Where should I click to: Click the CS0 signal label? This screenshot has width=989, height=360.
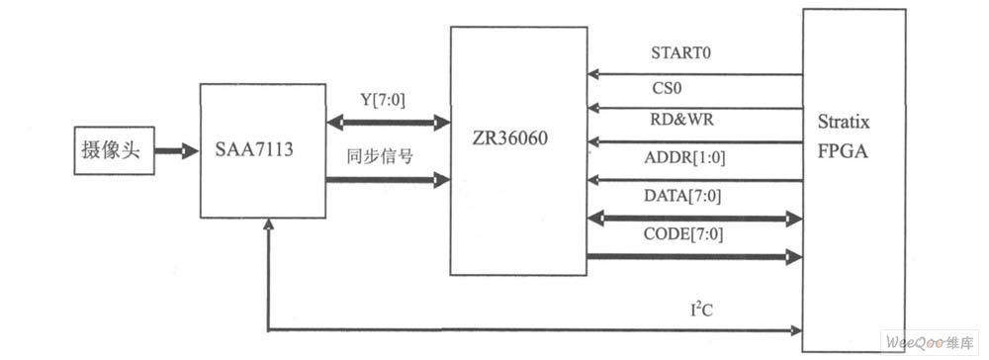click(x=665, y=88)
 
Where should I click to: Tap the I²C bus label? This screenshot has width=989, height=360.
click(x=704, y=310)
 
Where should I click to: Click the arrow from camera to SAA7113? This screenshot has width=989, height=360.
click(x=177, y=152)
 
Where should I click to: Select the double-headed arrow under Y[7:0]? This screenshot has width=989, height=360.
click(x=388, y=123)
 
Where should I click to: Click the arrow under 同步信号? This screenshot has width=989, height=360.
click(x=388, y=179)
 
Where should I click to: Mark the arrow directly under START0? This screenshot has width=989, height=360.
click(x=692, y=73)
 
